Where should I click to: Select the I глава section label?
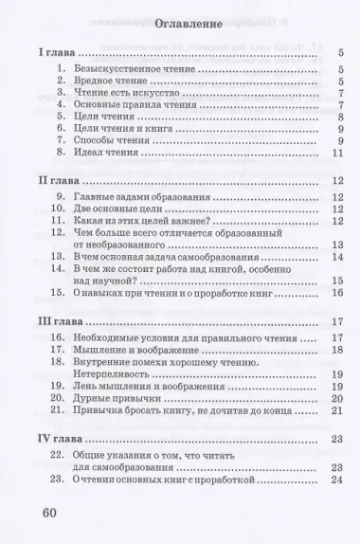point(48,55)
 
